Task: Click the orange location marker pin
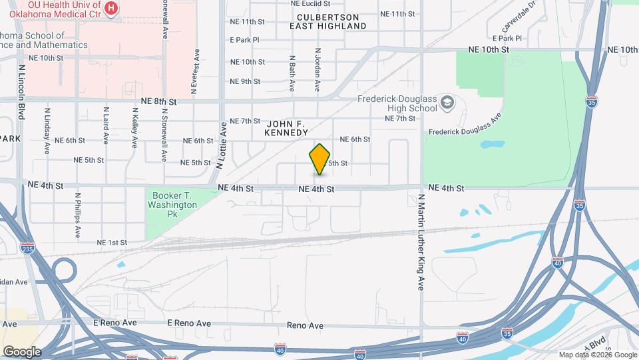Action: pyautogui.click(x=320, y=159)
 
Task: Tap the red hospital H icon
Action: pyautogui.click(x=112, y=9)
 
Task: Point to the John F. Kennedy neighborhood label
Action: pyautogui.click(x=288, y=129)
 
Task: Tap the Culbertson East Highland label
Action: pyautogui.click(x=328, y=21)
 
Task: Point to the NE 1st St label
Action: pyautogui.click(x=112, y=243)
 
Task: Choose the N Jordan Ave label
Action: pyautogui.click(x=318, y=69)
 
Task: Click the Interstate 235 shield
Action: pyautogui.click(x=27, y=249)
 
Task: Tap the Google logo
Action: pyautogui.click(x=21, y=351)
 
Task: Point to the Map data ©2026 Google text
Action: pyautogui.click(x=597, y=355)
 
